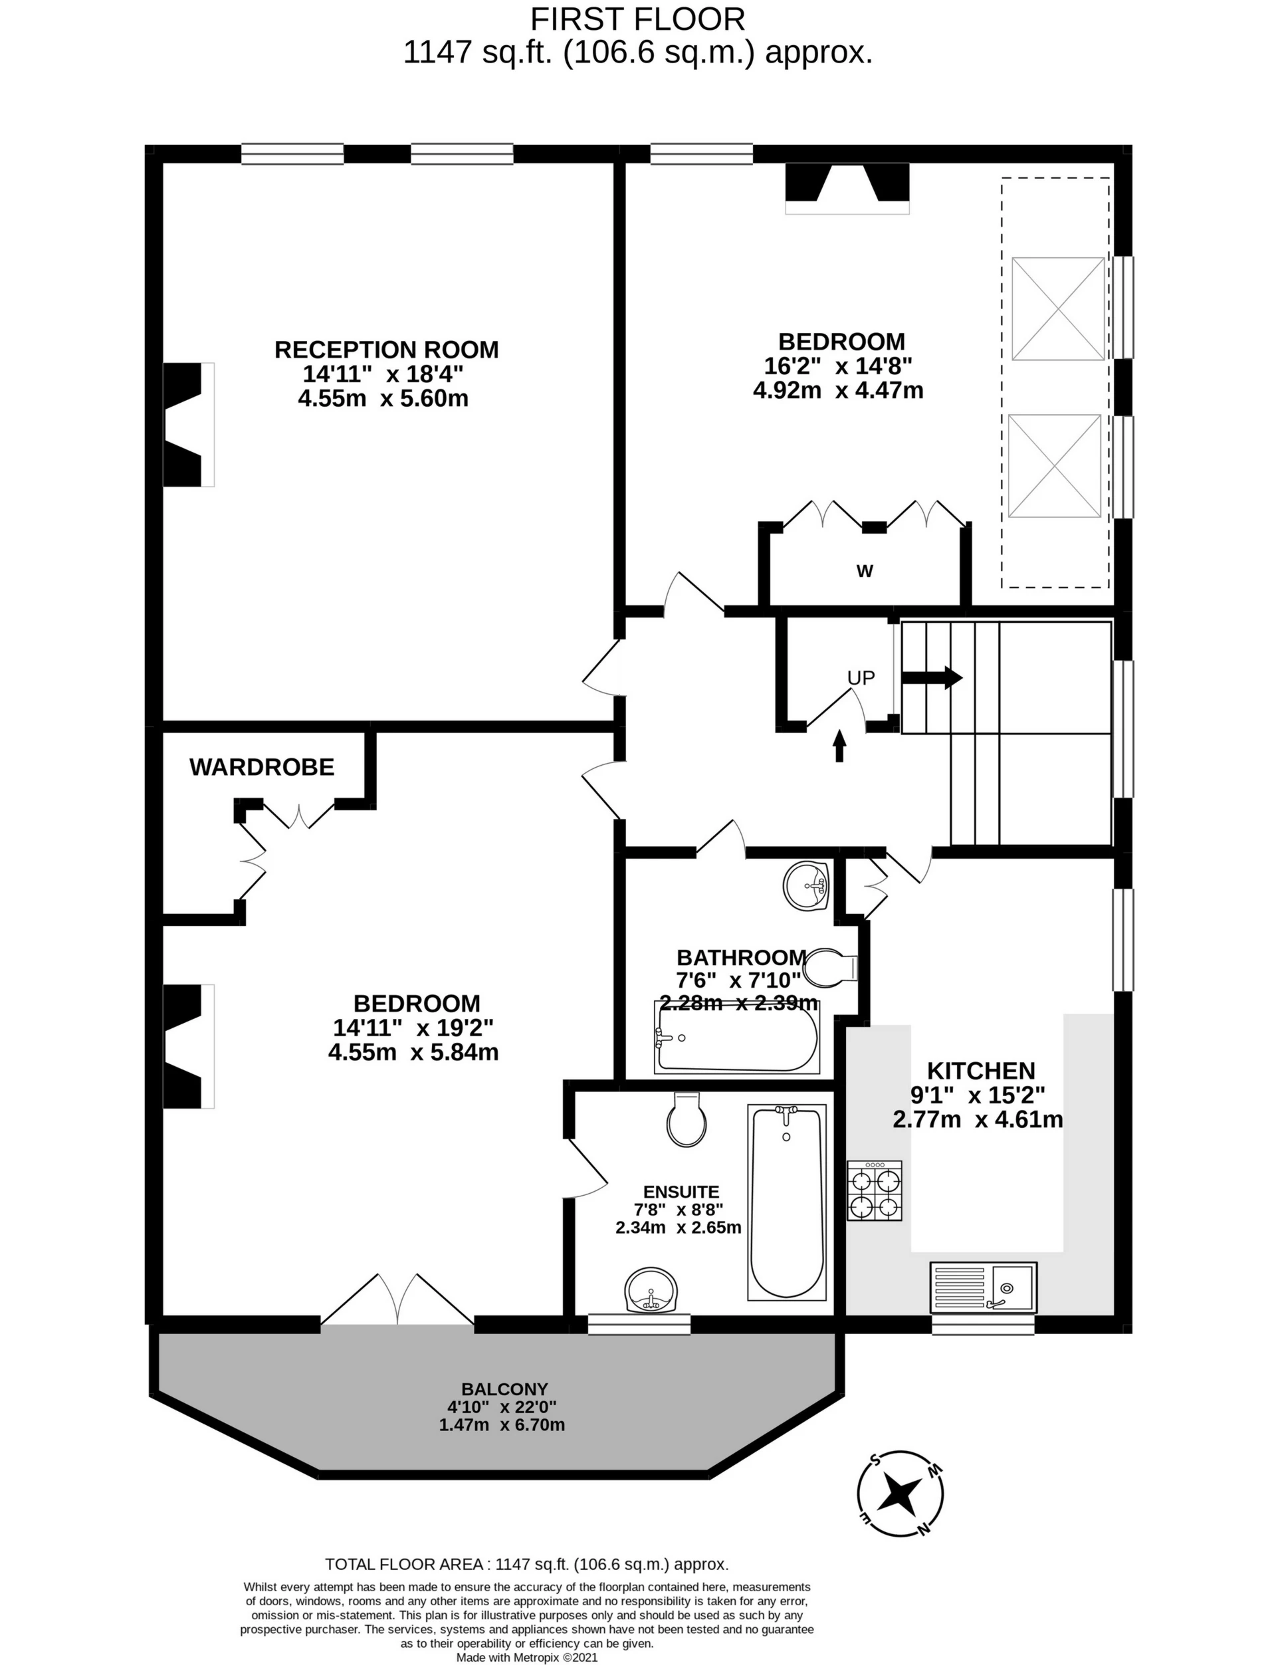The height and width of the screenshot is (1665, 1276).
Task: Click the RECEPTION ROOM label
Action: [387, 350]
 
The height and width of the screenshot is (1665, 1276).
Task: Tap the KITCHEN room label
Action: [982, 1070]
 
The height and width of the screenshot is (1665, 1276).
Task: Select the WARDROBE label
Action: [262, 767]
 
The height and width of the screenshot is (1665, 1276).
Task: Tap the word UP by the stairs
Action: [861, 677]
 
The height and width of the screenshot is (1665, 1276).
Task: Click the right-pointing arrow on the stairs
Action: [932, 677]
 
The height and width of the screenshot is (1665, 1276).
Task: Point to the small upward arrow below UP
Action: [839, 746]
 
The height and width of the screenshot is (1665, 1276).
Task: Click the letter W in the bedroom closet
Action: [865, 570]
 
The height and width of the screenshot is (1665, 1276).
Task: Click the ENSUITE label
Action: [681, 1192]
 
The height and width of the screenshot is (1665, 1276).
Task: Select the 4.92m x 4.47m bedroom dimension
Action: [838, 390]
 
